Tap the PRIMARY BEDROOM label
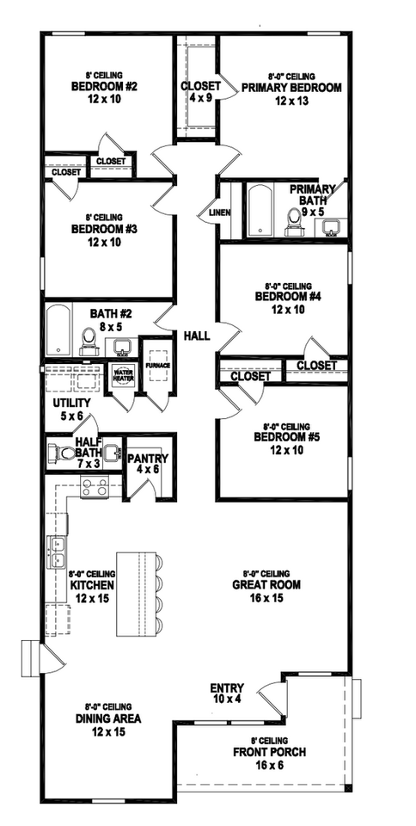coord(291,88)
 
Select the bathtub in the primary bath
coord(259,211)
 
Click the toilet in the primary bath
coord(295,223)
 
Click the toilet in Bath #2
coord(88,341)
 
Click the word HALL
coord(197,335)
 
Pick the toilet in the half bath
coord(63,453)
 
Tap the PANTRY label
coord(148,459)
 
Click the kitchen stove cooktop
coord(93,489)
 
